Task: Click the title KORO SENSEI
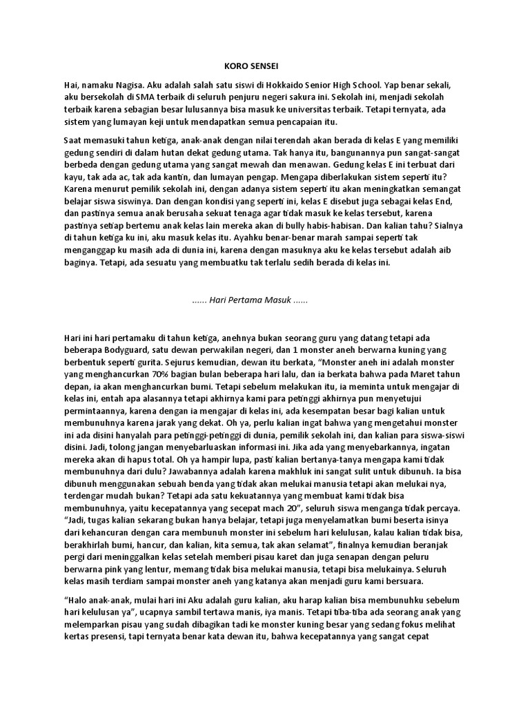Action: coord(251,67)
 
